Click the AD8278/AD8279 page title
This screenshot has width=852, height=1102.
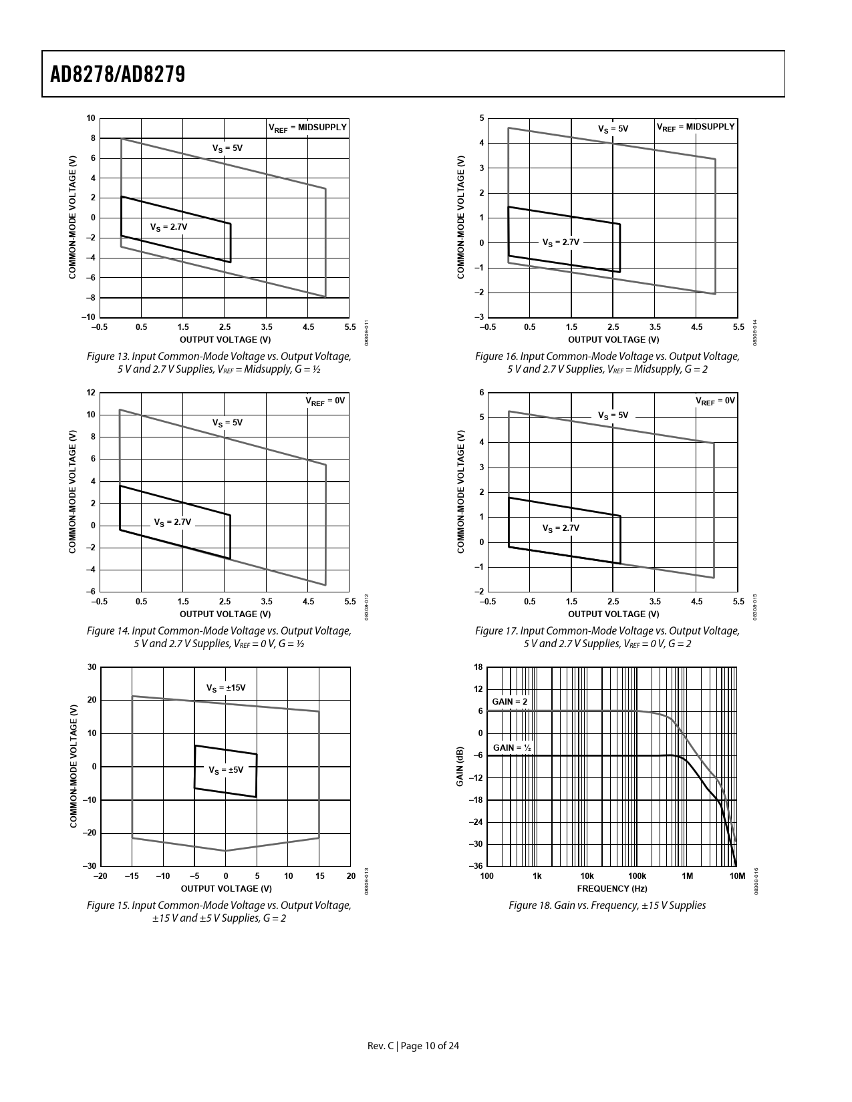coord(118,74)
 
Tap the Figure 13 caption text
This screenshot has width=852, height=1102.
coord(219,363)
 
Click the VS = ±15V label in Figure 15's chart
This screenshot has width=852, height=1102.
coord(226,687)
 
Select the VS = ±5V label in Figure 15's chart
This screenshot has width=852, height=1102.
coord(226,769)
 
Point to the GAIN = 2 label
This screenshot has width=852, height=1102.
coord(510,702)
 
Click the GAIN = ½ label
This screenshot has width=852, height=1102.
coord(512,747)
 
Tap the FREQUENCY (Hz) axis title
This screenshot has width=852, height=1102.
coord(611,888)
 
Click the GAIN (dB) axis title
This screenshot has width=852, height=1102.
coord(460,766)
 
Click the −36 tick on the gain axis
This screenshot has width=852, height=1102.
coord(476,866)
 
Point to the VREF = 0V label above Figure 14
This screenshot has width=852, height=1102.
coord(325,401)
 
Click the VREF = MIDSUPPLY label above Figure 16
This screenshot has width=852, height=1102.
coord(695,127)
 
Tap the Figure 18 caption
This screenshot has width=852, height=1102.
coord(607,906)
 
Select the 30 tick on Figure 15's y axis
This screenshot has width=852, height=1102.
coord(92,667)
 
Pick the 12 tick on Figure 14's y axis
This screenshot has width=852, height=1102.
coord(91,393)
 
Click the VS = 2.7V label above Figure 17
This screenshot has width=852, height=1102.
coord(561,528)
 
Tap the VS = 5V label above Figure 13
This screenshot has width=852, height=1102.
coord(227,148)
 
